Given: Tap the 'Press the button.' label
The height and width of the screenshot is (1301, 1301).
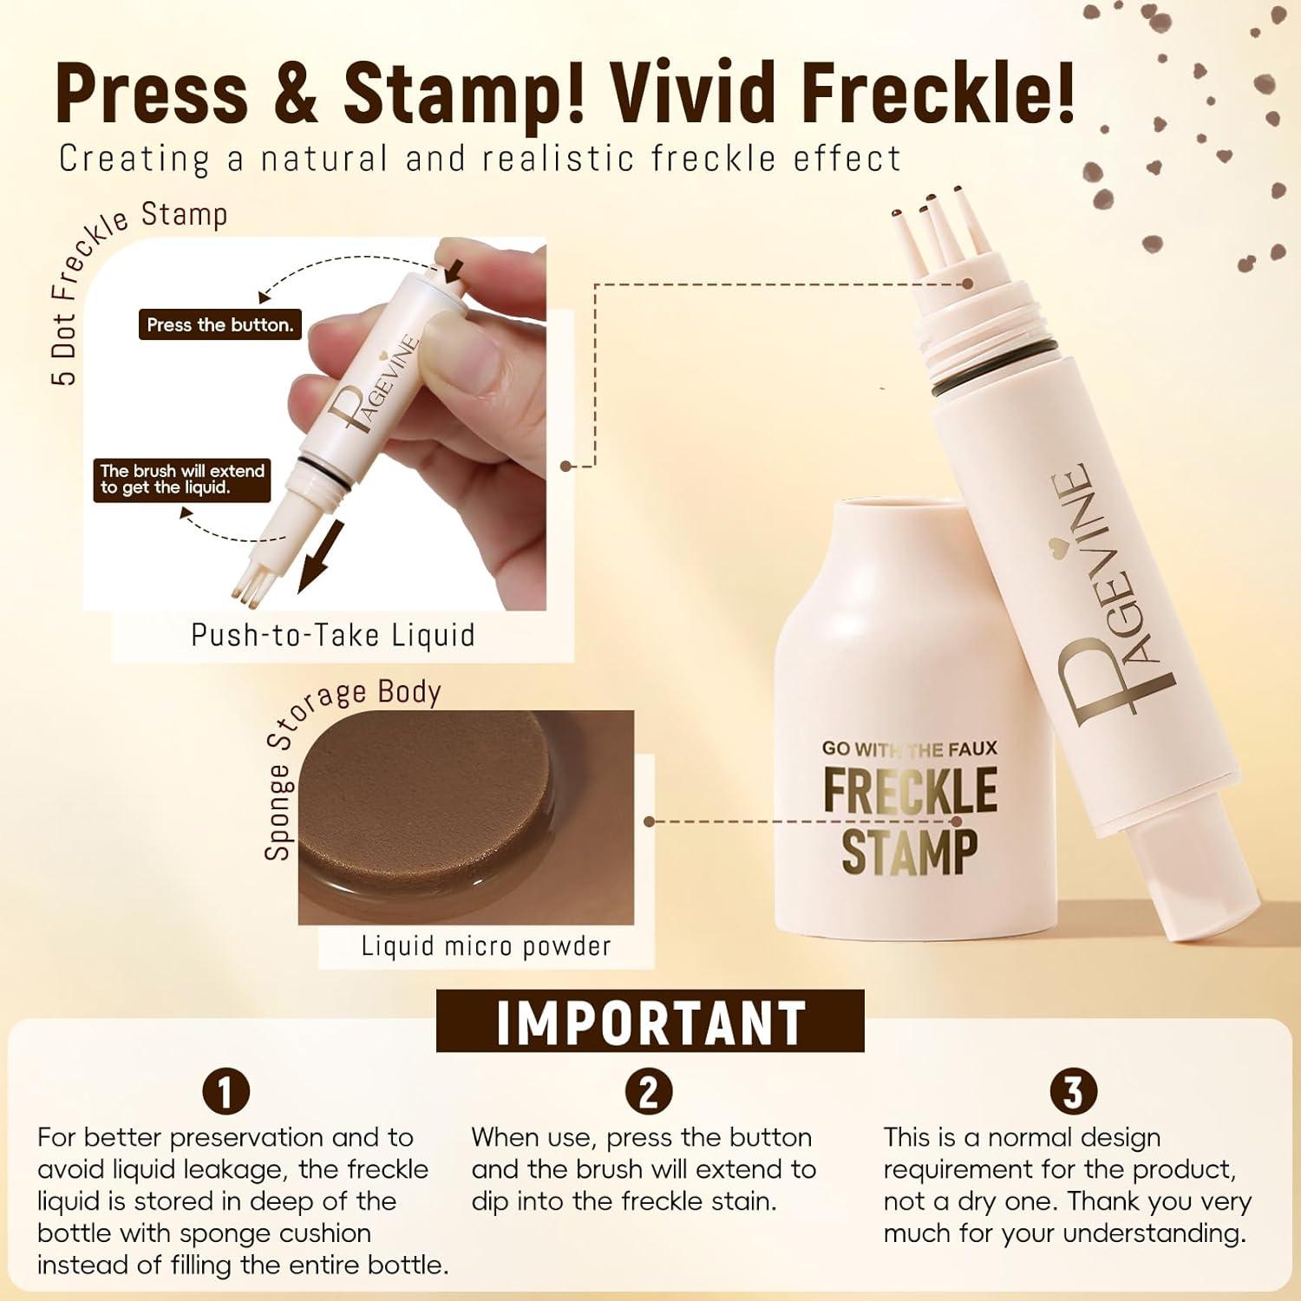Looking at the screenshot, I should click(219, 325).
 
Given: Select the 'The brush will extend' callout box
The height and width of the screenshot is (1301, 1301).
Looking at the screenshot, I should click(182, 480).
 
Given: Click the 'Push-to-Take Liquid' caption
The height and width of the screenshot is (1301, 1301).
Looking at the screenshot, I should click(333, 635).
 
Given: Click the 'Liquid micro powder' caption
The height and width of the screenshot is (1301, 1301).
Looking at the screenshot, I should click(486, 945).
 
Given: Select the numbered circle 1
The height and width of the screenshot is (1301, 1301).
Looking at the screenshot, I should click(226, 1092).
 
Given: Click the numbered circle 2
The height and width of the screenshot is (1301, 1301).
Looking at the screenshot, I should click(649, 1092).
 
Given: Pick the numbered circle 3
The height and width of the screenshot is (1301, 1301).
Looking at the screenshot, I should click(1073, 1092).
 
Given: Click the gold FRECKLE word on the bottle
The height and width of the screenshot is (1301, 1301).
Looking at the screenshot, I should click(910, 790).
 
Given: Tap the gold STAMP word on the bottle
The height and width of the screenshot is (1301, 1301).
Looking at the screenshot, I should click(910, 851).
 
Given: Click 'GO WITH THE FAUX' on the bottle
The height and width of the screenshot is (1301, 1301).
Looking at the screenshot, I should click(910, 748).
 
